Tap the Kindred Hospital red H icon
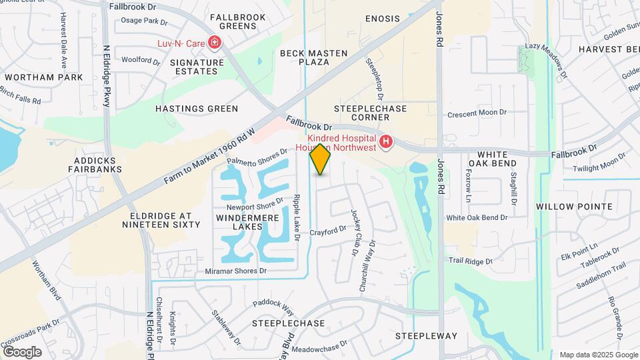[x=385, y=141]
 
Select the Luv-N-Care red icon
[x=215, y=44]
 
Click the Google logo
[x=22, y=351]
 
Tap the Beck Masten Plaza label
[x=305, y=57]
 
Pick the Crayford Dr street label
[x=328, y=230]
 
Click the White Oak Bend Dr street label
[x=477, y=217]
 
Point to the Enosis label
[x=383, y=19]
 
